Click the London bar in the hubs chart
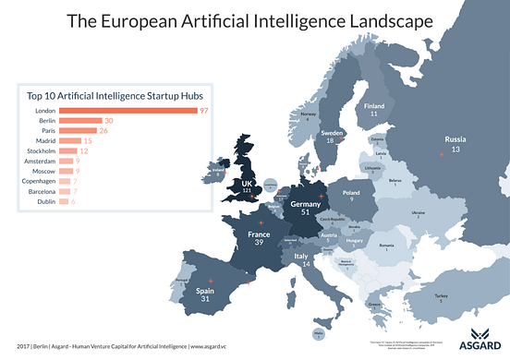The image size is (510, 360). [x=127, y=111]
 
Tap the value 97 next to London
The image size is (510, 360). [x=204, y=111]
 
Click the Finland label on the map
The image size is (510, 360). [x=374, y=106]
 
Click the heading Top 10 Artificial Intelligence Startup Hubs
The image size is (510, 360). [x=113, y=95]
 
